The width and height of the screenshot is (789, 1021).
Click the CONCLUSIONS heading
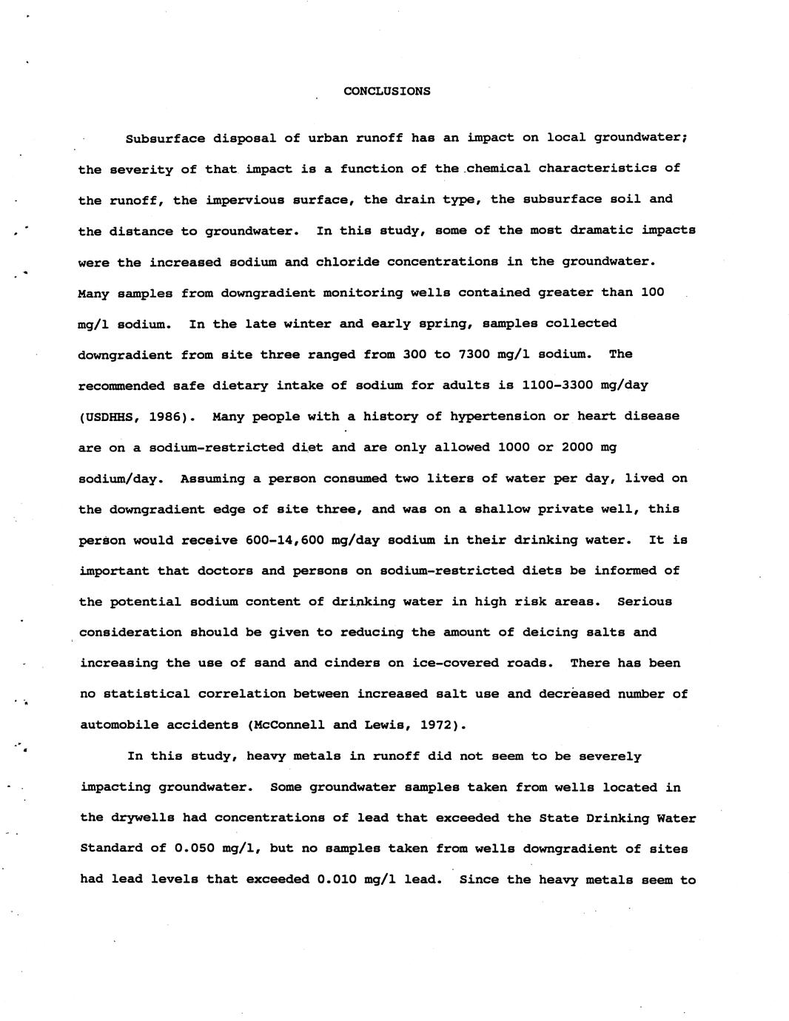pos(387,91)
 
